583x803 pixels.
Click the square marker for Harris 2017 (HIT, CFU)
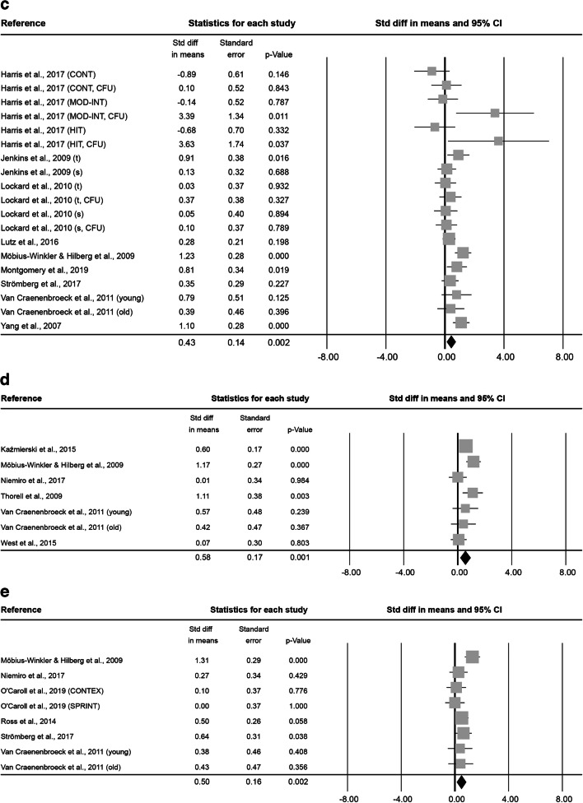tap(498, 142)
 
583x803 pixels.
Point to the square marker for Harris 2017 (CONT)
tap(431, 71)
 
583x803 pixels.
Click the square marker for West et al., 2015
tap(459, 540)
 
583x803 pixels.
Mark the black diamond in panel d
tap(465, 557)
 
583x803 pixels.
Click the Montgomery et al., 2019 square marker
tap(457, 267)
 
